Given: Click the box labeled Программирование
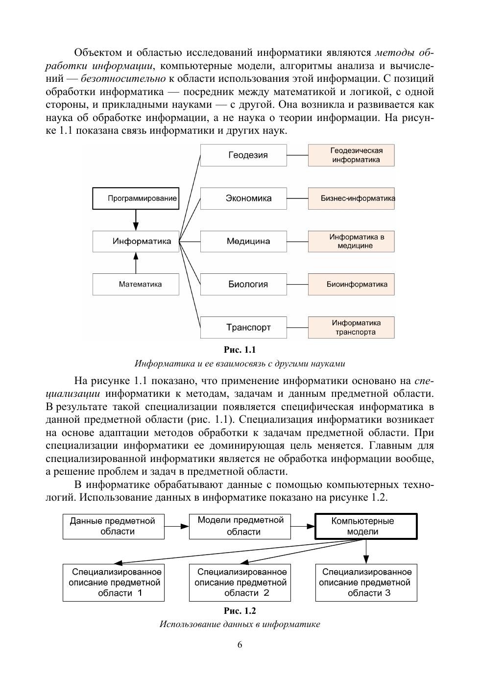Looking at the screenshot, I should coord(136,198).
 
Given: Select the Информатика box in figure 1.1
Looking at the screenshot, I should coord(136,241).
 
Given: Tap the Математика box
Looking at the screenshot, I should coord(136,284).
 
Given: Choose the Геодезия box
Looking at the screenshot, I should coord(243,155).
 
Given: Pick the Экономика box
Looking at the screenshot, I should coord(243,198).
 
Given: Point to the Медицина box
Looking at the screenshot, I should coord(243,241).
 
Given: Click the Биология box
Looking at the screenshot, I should coord(243,284).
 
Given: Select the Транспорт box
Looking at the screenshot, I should coord(243,327).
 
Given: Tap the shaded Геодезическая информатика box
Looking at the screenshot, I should coord(351,155).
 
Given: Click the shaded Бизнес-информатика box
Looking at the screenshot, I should coord(351,198).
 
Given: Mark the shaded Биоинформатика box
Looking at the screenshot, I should coord(351,284).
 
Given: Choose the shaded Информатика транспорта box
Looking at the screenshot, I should coord(351,327).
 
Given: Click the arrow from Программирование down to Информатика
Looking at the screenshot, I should coord(136,220).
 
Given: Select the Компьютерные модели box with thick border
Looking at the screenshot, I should coord(366,527).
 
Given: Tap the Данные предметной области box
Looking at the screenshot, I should coord(114,527).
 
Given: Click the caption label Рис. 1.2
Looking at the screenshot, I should coord(240,611).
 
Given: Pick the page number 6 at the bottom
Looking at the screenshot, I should coord(240,645).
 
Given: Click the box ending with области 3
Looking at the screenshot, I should coord(366,582).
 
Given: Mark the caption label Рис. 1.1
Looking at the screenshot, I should coord(240,350).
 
